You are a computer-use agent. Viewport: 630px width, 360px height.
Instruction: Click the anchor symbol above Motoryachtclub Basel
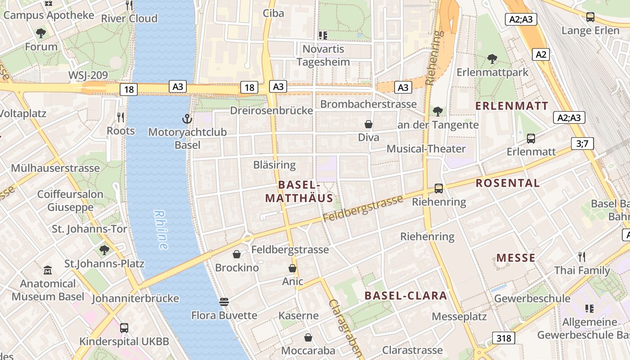click(187, 119)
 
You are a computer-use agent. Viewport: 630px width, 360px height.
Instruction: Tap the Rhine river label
click(161, 229)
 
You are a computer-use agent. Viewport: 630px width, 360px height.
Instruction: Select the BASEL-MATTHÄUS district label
click(299, 191)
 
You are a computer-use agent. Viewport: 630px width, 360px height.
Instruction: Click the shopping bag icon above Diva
click(369, 124)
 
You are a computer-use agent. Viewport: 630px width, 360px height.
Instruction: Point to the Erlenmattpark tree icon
click(492, 59)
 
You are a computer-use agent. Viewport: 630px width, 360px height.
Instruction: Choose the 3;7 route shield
click(582, 144)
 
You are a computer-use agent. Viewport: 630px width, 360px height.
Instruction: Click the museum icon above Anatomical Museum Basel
click(48, 270)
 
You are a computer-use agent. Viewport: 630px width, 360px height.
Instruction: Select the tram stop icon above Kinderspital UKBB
click(124, 328)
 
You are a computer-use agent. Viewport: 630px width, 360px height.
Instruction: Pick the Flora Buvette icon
click(224, 302)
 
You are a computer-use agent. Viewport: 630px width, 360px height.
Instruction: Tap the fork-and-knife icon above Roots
click(121, 117)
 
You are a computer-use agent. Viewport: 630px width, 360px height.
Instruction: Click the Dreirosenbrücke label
click(271, 111)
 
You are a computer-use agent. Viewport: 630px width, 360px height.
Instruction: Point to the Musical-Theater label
click(426, 148)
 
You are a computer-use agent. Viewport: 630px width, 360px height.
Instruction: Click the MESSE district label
click(516, 258)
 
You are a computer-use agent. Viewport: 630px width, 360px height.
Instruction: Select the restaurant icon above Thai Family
click(582, 257)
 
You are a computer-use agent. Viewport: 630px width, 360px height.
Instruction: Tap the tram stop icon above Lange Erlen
click(590, 17)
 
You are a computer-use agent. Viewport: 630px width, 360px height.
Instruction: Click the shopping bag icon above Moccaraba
click(308, 337)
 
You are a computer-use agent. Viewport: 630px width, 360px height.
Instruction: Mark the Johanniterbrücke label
click(135, 298)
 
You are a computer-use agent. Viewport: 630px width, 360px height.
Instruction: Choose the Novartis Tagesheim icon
click(323, 35)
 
